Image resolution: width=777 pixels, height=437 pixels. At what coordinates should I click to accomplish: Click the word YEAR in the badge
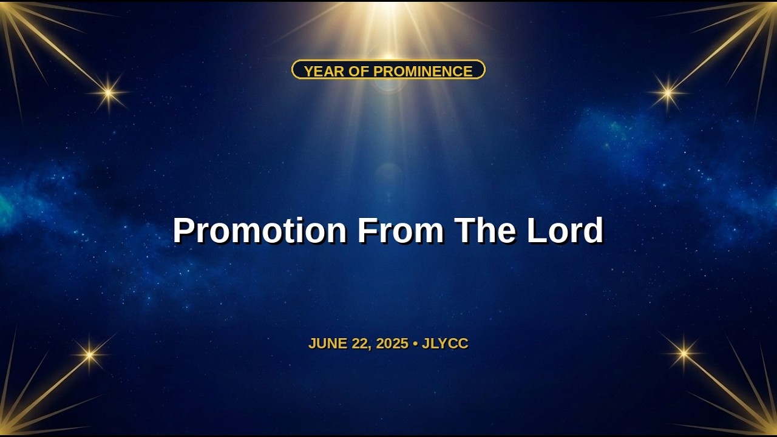click(324, 71)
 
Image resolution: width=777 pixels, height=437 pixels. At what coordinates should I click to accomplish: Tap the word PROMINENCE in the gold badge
click(423, 71)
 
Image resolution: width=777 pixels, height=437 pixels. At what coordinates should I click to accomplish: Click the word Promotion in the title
click(260, 230)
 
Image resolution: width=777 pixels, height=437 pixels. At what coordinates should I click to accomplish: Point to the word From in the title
click(401, 230)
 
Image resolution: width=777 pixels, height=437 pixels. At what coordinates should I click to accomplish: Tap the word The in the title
click(485, 230)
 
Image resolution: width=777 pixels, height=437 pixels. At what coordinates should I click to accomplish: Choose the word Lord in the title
click(565, 230)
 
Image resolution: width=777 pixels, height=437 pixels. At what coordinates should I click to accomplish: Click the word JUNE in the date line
click(328, 344)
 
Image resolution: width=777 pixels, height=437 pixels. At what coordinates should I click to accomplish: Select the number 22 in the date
click(359, 344)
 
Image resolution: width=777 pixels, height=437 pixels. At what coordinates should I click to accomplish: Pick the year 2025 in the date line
click(392, 344)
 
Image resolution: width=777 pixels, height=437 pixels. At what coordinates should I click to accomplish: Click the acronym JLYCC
click(445, 344)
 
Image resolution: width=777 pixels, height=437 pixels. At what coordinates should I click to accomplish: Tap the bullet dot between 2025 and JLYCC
click(415, 344)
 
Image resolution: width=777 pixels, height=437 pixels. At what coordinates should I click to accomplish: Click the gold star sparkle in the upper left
click(109, 93)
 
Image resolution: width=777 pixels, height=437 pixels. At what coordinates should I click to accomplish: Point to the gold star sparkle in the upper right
click(668, 93)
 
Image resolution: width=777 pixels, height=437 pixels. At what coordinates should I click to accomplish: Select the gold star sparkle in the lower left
click(89, 354)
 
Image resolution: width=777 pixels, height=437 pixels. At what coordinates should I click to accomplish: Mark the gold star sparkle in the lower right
click(684, 353)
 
